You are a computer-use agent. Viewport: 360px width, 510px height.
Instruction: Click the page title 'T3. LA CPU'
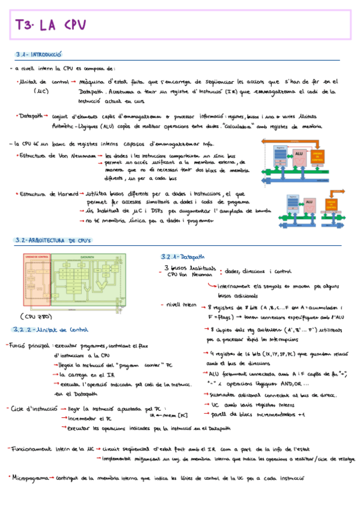point(52,25)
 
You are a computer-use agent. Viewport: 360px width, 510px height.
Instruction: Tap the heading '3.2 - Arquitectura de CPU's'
point(52,241)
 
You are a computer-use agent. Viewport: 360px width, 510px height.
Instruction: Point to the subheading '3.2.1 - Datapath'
point(184,255)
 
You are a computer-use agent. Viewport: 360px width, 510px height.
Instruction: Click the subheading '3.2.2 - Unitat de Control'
point(50,330)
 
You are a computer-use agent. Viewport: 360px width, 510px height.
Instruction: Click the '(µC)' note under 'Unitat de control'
point(41,92)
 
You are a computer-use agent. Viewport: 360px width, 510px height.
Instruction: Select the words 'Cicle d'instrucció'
point(33,408)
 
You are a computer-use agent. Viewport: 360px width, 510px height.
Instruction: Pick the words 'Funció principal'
point(28,346)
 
